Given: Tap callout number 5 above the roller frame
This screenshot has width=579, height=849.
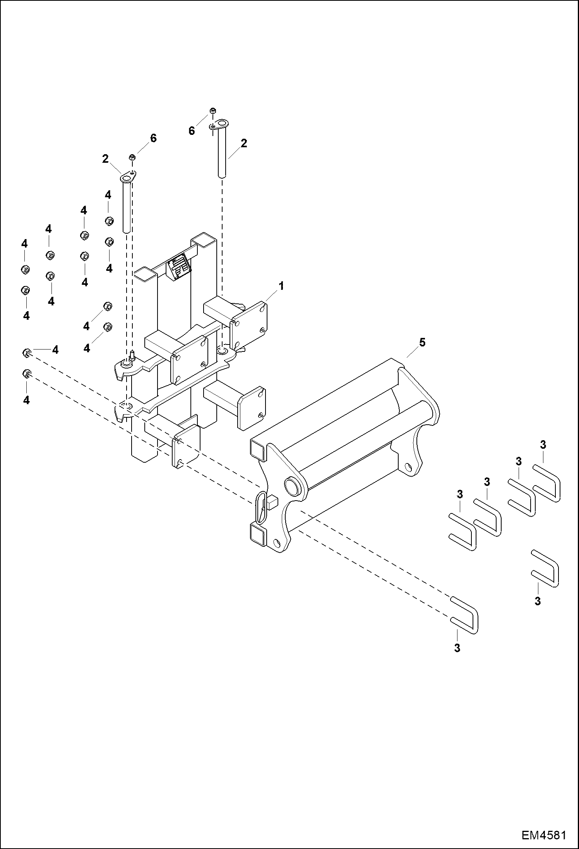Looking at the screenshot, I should coord(422,342).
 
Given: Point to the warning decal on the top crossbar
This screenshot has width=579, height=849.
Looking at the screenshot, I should coord(179,267).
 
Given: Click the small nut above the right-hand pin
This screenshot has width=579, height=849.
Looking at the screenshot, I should coord(212,112).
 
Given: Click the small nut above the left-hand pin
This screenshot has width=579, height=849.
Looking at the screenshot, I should coord(132,157).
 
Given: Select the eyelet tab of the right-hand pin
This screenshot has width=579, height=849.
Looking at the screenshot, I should coord(220,125).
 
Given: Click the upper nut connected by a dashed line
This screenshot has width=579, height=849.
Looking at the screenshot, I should coord(26,353).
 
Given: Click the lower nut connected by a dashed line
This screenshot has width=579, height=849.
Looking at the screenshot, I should coord(26,374).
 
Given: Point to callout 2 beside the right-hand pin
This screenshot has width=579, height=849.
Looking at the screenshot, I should coord(243,143).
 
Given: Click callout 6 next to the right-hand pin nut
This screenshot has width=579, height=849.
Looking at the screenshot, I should coord(192,131).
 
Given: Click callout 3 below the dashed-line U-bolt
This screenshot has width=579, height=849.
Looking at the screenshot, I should coord(457,648).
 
